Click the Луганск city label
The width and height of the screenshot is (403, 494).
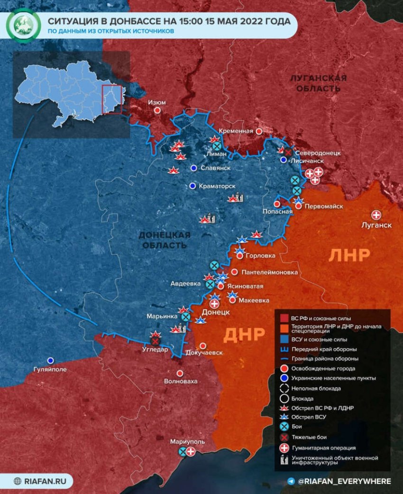[x=376, y=225]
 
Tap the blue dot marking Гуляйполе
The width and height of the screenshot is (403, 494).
[x=50, y=360]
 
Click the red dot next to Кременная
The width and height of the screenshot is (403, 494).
[x=259, y=131]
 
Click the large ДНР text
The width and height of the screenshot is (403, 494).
[x=244, y=335]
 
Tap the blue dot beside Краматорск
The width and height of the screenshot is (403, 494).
[x=192, y=186]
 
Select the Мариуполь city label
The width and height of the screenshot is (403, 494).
[x=188, y=441]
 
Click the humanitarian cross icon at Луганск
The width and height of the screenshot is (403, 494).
[x=377, y=215]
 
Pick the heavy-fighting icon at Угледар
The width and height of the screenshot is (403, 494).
[x=155, y=340]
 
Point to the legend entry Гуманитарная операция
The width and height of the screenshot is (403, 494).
[x=323, y=448]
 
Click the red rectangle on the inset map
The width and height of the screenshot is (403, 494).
[x=112, y=99]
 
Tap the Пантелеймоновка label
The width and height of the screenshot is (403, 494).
[x=269, y=272]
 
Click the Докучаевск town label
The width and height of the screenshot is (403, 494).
[x=204, y=353]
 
